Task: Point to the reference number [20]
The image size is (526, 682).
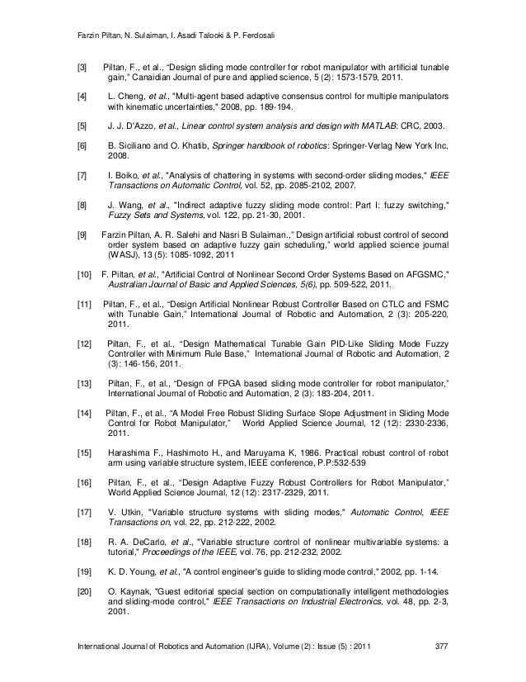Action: [83, 593]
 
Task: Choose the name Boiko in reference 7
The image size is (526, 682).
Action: [130, 176]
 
